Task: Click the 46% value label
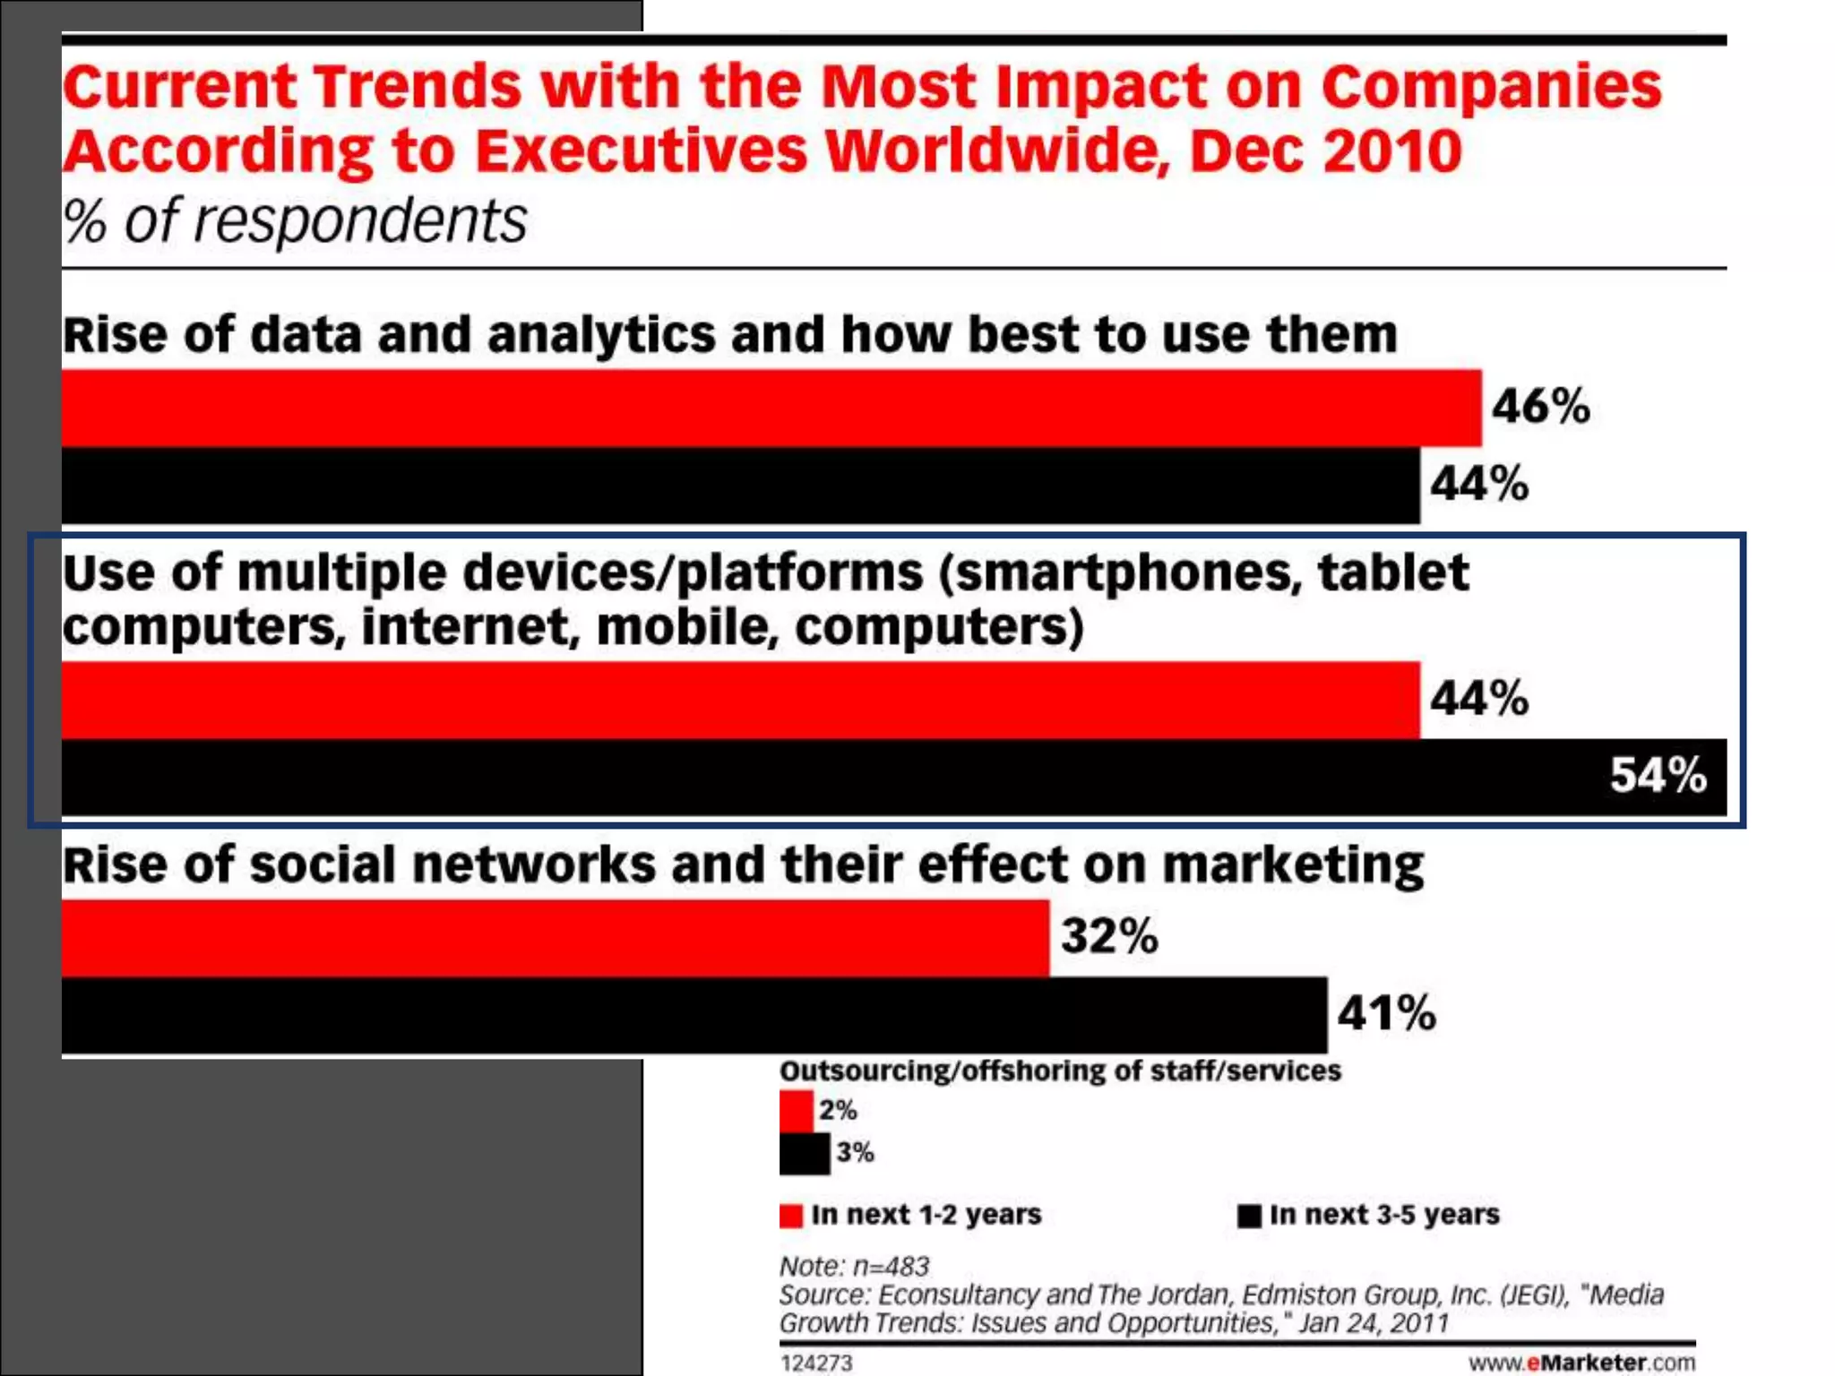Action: pyautogui.click(x=1540, y=406)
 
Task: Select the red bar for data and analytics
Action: pyautogui.click(x=771, y=408)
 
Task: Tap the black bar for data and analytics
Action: pyautogui.click(x=740, y=485)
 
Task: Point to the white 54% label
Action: pyautogui.click(x=1658, y=775)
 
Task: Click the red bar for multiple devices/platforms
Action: pyautogui.click(x=740, y=700)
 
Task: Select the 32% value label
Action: pyautogui.click(x=1109, y=936)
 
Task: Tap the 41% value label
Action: pyautogui.click(x=1386, y=1013)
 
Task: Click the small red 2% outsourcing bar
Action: pyautogui.click(x=796, y=1111)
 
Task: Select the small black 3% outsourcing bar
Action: pyautogui.click(x=804, y=1153)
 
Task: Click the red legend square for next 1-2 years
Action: pyautogui.click(x=790, y=1216)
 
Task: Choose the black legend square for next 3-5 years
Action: pyautogui.click(x=1248, y=1216)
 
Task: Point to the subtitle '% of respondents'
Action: pyautogui.click(x=295, y=221)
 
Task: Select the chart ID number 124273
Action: pyautogui.click(x=816, y=1363)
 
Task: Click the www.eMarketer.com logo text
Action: pyautogui.click(x=1581, y=1363)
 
